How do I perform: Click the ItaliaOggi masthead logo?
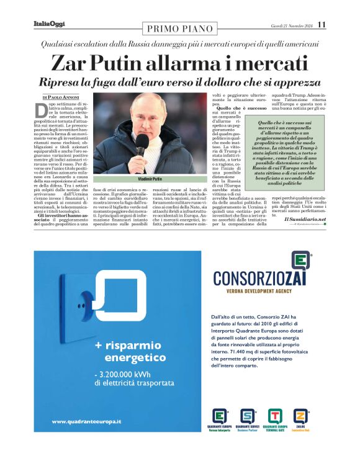click(x=50, y=24)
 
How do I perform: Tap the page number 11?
click(x=321, y=24)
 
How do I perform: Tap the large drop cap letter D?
click(x=42, y=110)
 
